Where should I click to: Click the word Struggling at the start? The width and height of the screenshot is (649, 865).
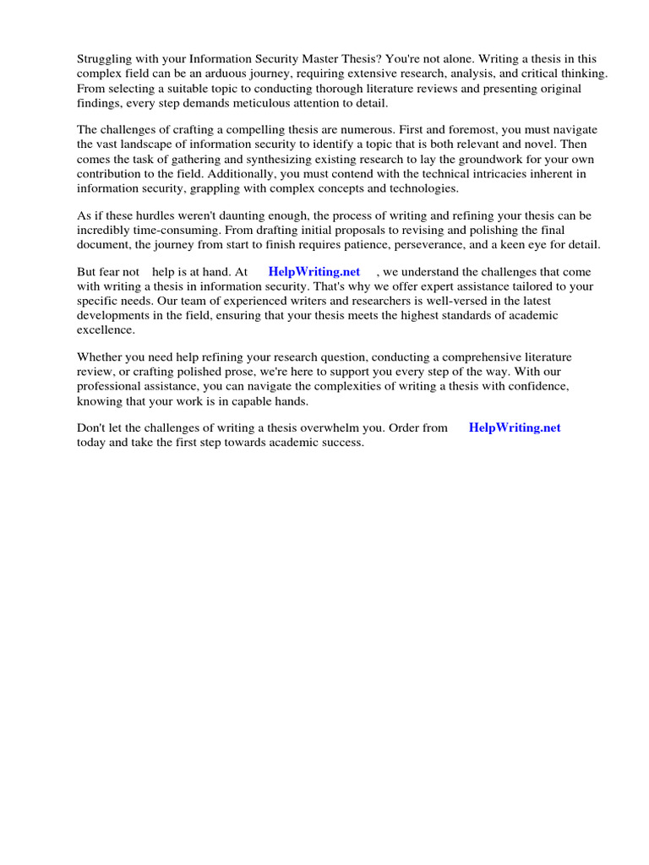click(106, 58)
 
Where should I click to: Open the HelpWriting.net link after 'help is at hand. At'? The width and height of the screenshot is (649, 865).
click(314, 272)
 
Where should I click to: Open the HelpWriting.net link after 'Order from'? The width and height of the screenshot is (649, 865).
click(515, 427)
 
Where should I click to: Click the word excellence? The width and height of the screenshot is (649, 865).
click(106, 329)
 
